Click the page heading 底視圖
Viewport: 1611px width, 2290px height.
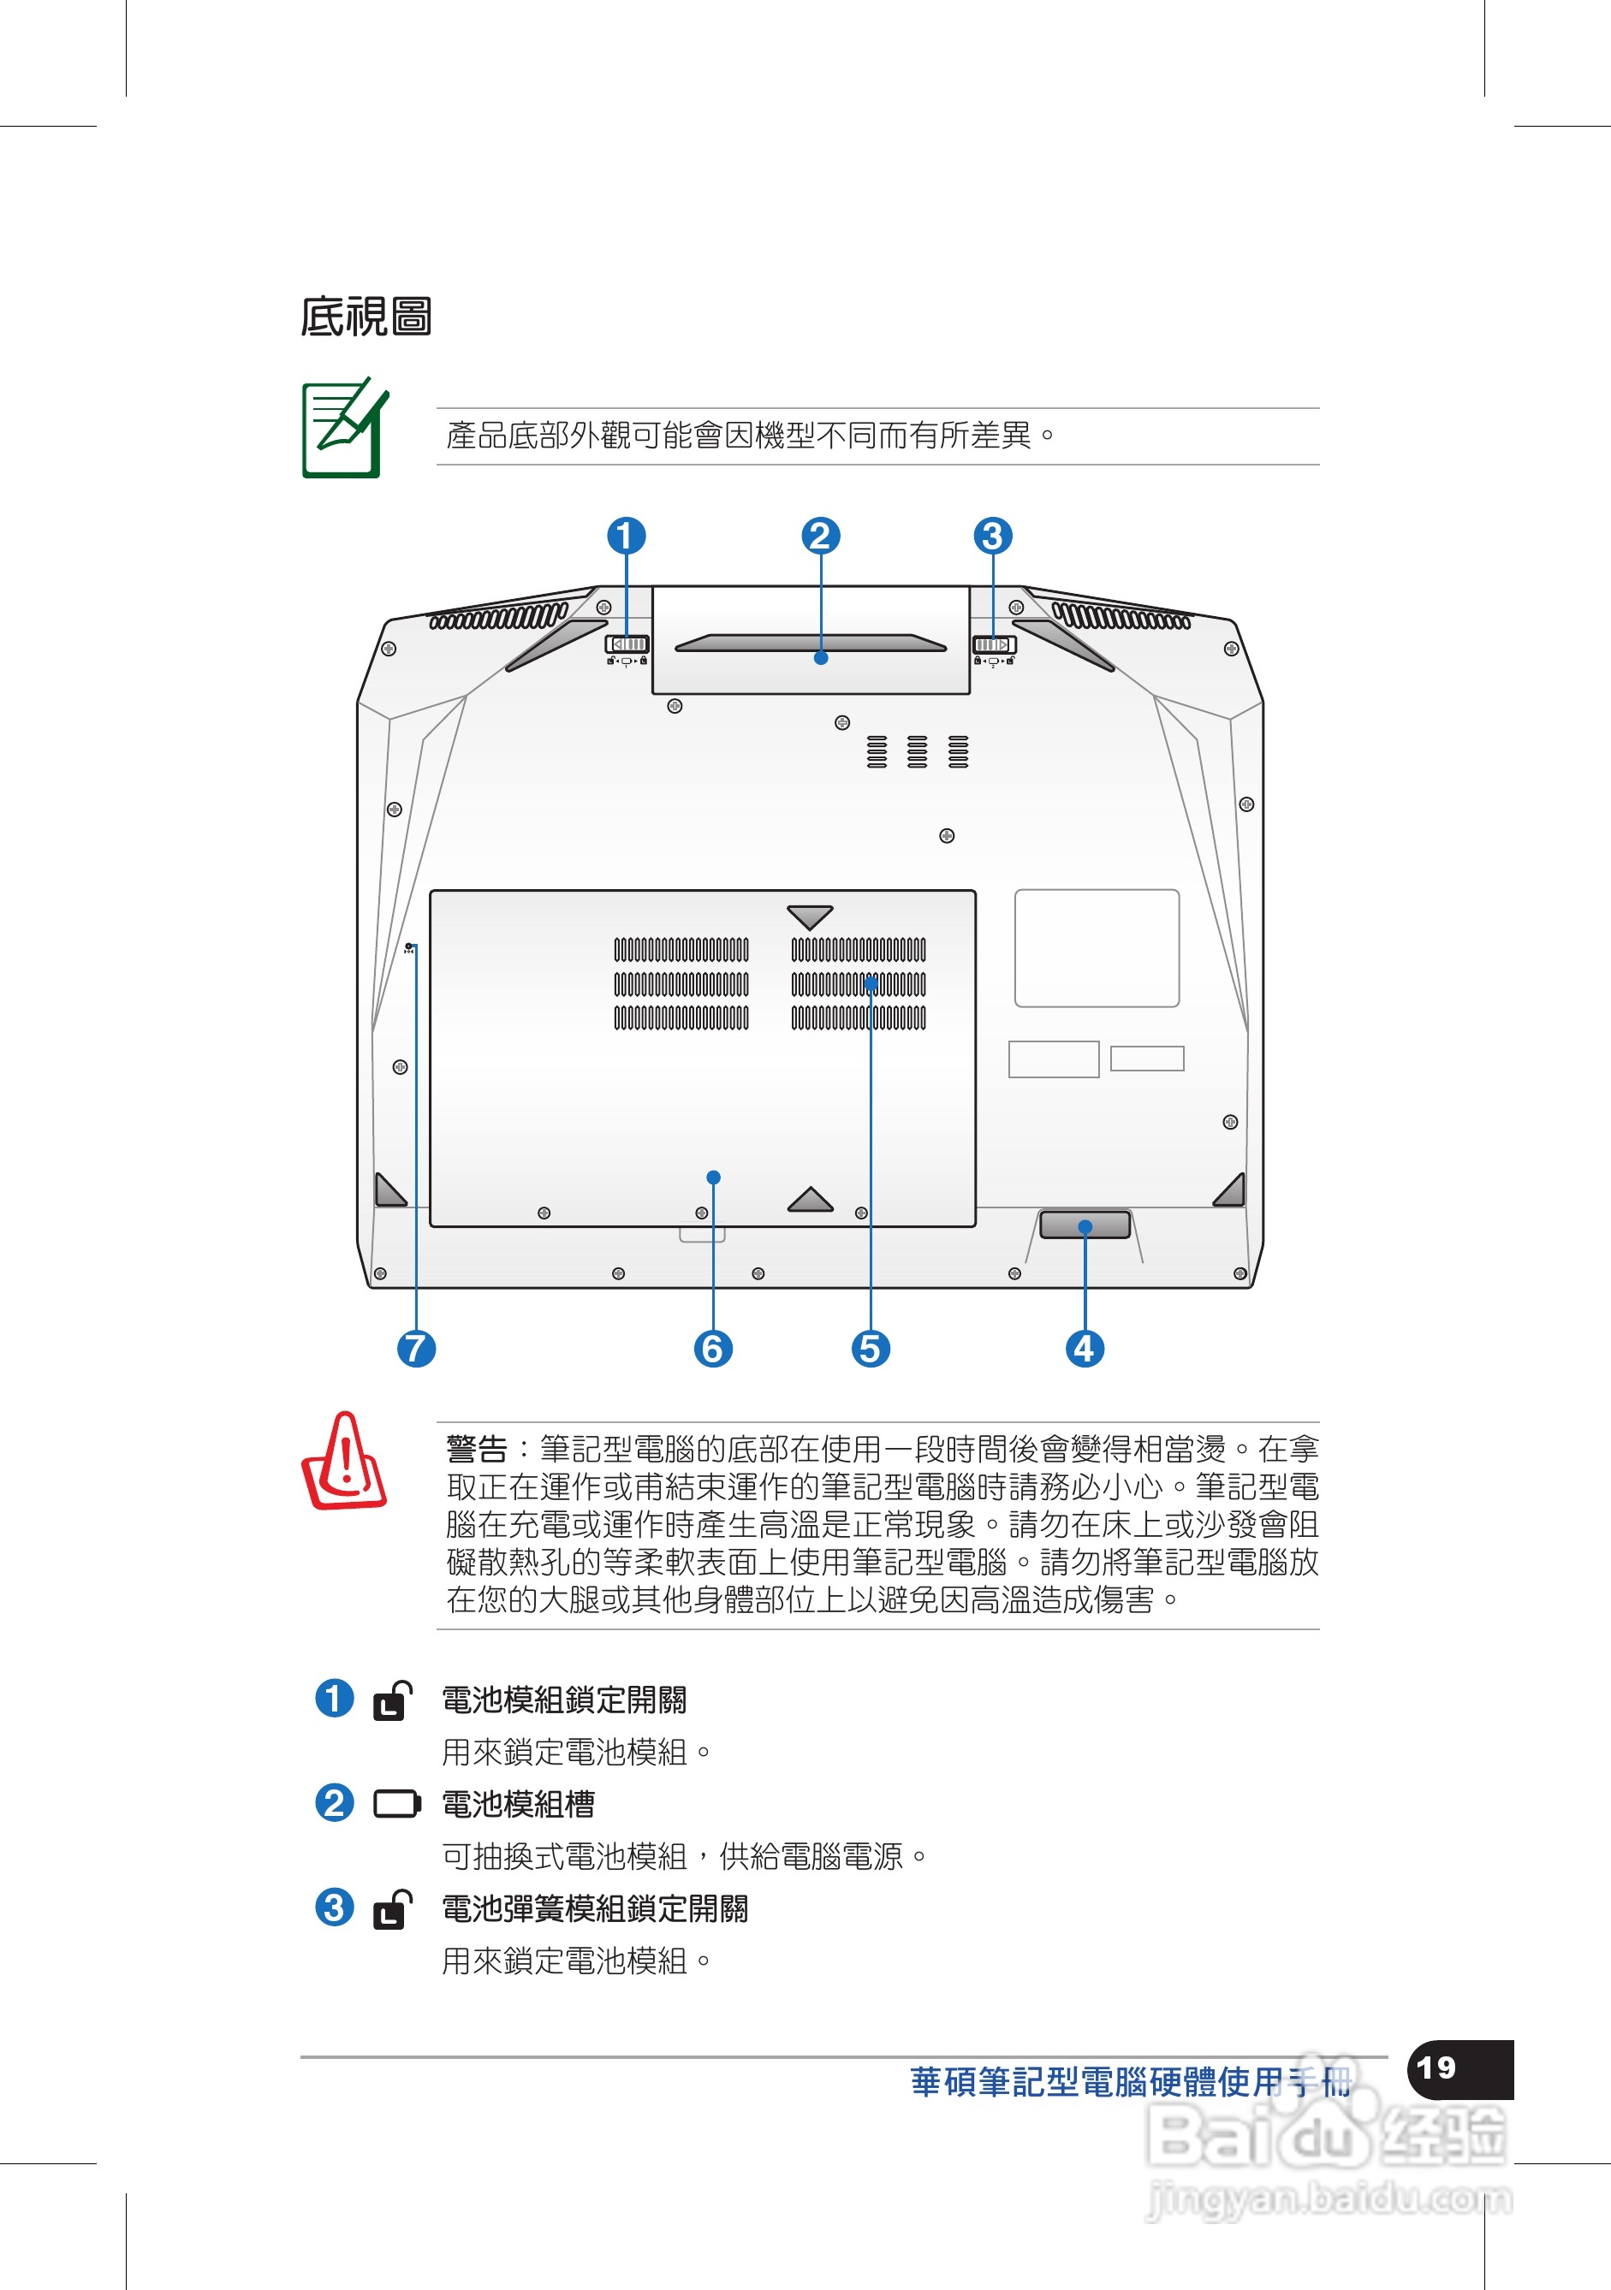(366, 317)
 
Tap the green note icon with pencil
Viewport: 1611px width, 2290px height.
(344, 429)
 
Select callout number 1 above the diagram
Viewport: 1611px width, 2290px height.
(627, 536)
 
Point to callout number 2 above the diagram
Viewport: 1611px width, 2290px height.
(820, 536)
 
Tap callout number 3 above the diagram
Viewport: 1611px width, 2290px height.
(992, 536)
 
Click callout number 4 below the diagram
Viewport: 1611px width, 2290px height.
(1085, 1349)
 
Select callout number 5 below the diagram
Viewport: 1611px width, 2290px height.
(870, 1349)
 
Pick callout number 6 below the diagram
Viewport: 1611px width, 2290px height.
(712, 1349)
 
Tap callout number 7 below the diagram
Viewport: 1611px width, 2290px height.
(416, 1349)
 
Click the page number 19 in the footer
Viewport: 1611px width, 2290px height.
(1436, 2068)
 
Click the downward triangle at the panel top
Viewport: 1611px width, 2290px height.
(809, 917)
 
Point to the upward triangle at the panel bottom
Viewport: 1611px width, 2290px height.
(810, 1200)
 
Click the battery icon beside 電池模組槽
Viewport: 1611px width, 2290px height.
(396, 1804)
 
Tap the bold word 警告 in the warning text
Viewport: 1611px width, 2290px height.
(477, 1448)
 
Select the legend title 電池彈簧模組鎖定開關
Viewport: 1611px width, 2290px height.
(595, 1909)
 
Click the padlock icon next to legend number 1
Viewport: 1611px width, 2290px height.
(392, 1701)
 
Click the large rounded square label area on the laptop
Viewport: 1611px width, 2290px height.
(1097, 948)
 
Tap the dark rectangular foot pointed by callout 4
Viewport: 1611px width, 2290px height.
(1085, 1225)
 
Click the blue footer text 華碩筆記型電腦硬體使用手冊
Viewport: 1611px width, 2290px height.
(1130, 2083)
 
